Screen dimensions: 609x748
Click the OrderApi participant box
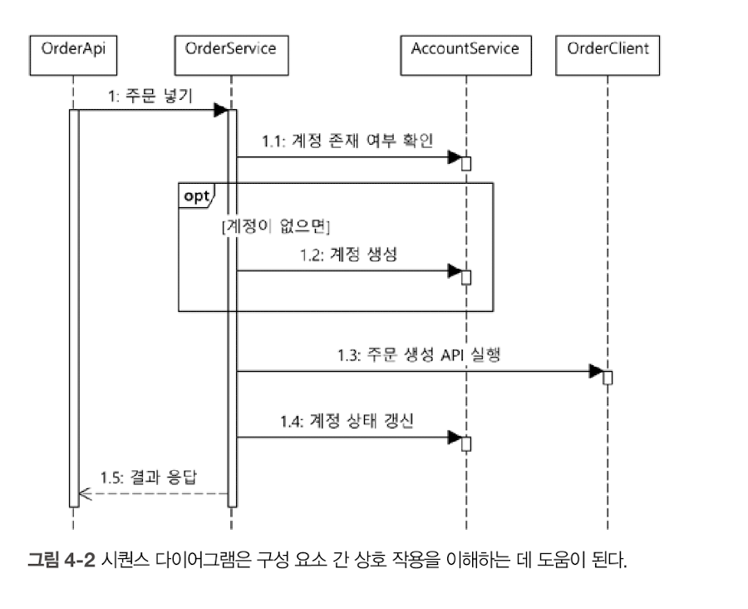tap(73, 48)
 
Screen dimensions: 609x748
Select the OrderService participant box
tap(230, 48)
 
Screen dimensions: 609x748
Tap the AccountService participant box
tap(465, 48)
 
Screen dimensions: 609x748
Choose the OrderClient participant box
tap(608, 48)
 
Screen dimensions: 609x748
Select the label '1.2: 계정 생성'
tap(348, 255)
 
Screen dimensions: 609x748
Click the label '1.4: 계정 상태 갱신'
tap(347, 421)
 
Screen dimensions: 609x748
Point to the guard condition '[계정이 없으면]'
tap(277, 225)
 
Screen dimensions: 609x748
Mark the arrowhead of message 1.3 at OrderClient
tap(596, 371)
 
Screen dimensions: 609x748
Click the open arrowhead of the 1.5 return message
tap(74, 494)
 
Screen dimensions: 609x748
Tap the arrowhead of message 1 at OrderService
tap(220, 110)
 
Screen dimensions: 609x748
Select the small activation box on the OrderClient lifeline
tap(608, 378)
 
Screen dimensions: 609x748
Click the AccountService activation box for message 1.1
tap(466, 162)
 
